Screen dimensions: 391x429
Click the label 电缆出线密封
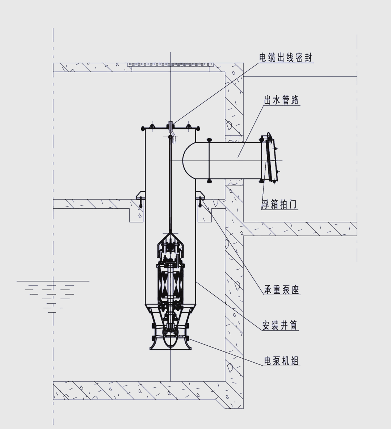[285, 58]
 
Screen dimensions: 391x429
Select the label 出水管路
[281, 100]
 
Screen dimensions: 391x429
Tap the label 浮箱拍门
[279, 204]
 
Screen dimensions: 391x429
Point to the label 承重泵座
[282, 290]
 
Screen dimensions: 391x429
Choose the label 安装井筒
[280, 325]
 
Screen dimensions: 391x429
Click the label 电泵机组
[281, 361]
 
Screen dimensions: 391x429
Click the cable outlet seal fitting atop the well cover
[171, 125]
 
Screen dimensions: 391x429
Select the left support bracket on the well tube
[141, 197]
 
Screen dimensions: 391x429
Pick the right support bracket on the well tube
[201, 197]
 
